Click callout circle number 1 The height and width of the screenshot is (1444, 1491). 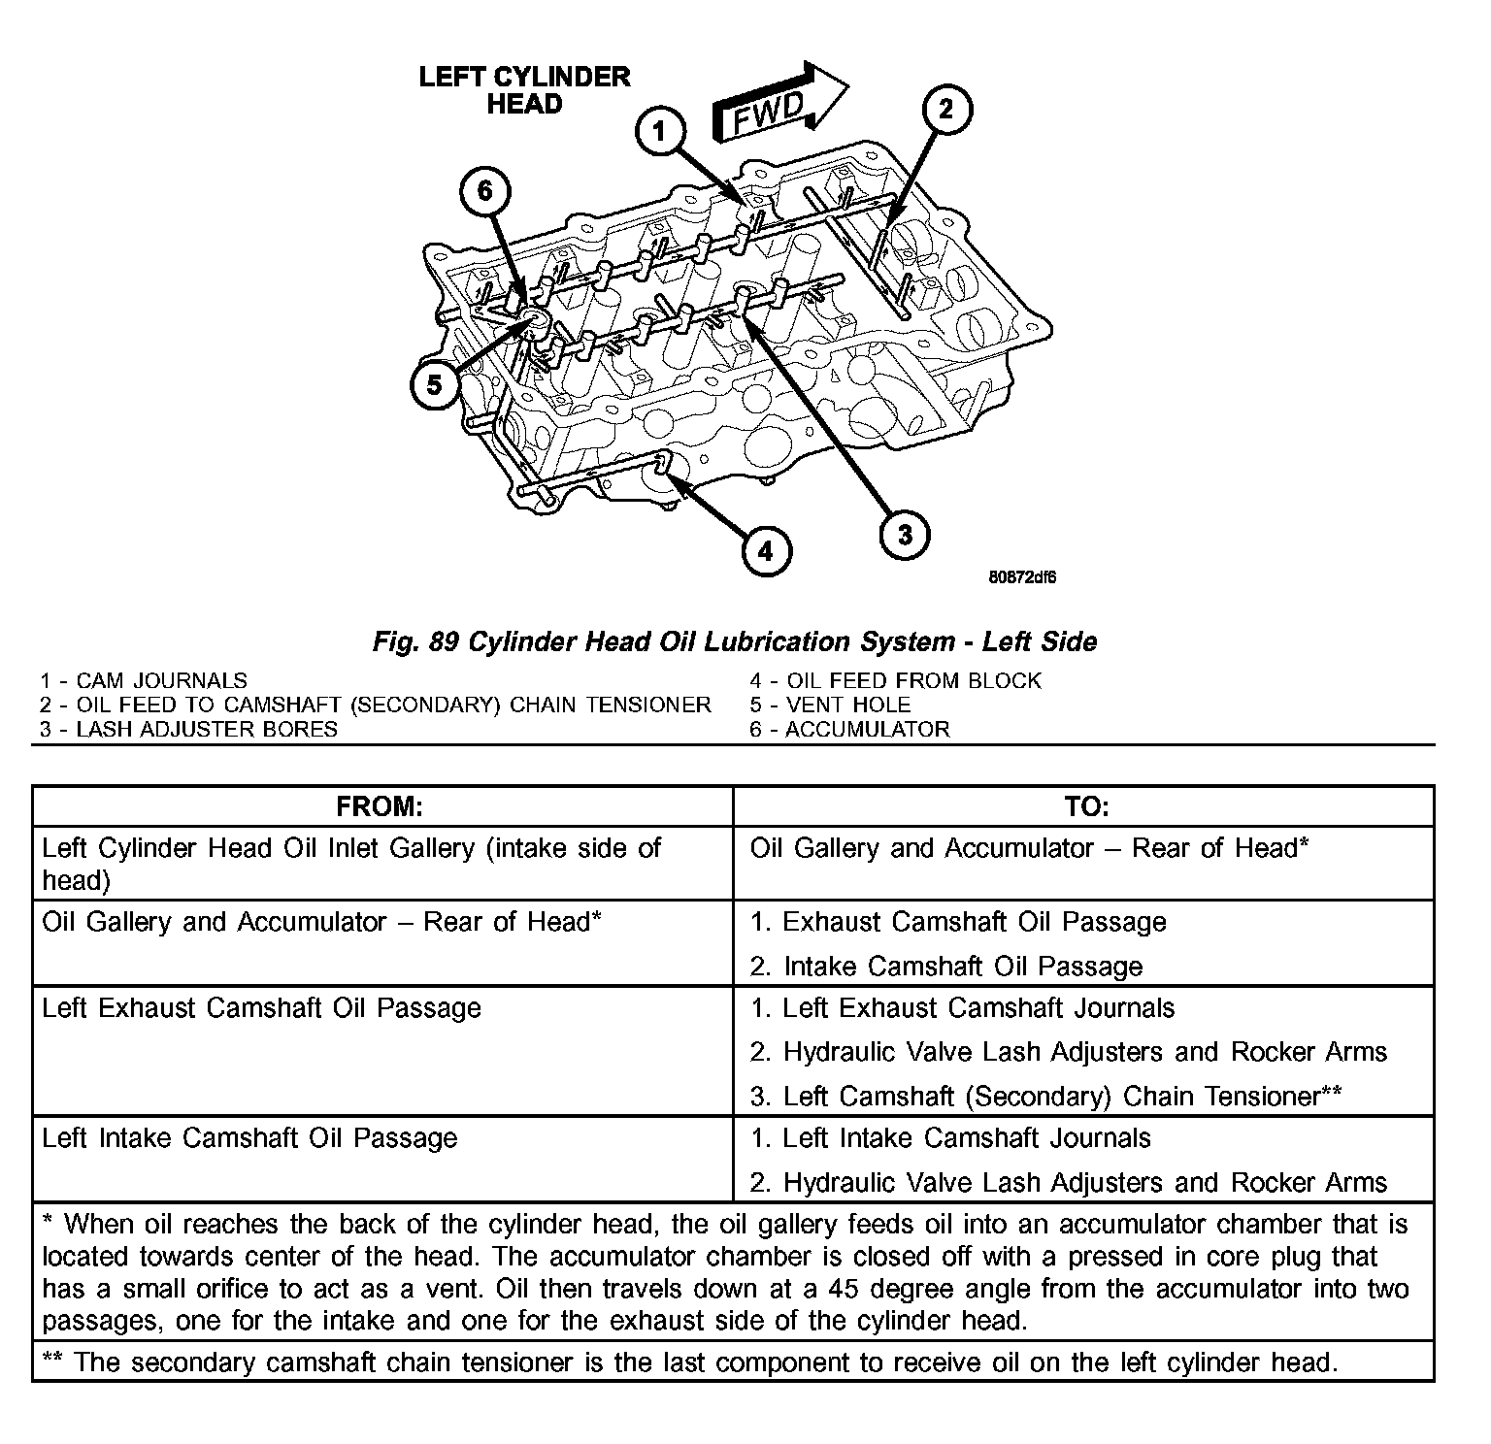tap(660, 132)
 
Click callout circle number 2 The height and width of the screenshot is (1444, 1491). tap(944, 110)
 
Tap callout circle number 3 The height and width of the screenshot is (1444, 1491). tap(904, 534)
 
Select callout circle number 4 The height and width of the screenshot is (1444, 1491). tap(766, 551)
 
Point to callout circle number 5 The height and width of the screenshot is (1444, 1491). tap(434, 385)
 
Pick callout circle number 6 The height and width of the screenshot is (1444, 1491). tap(483, 192)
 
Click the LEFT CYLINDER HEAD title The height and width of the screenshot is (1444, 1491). tap(524, 90)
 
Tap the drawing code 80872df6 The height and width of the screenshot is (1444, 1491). tap(1022, 577)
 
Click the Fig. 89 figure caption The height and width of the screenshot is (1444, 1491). tap(735, 641)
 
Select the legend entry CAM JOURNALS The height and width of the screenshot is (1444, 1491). tap(144, 681)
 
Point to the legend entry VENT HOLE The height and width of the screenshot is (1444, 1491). tap(830, 705)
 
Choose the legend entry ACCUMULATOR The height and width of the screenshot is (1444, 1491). tap(849, 729)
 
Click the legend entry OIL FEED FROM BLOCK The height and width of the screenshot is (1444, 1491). tap(895, 681)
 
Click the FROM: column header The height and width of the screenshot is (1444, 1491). tap(380, 806)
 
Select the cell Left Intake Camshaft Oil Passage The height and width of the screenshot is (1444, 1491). tap(249, 1137)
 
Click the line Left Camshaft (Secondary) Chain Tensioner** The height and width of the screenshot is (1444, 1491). tap(1046, 1096)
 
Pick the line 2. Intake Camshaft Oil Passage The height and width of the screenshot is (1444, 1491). tap(946, 966)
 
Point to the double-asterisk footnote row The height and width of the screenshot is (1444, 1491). tap(690, 1362)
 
